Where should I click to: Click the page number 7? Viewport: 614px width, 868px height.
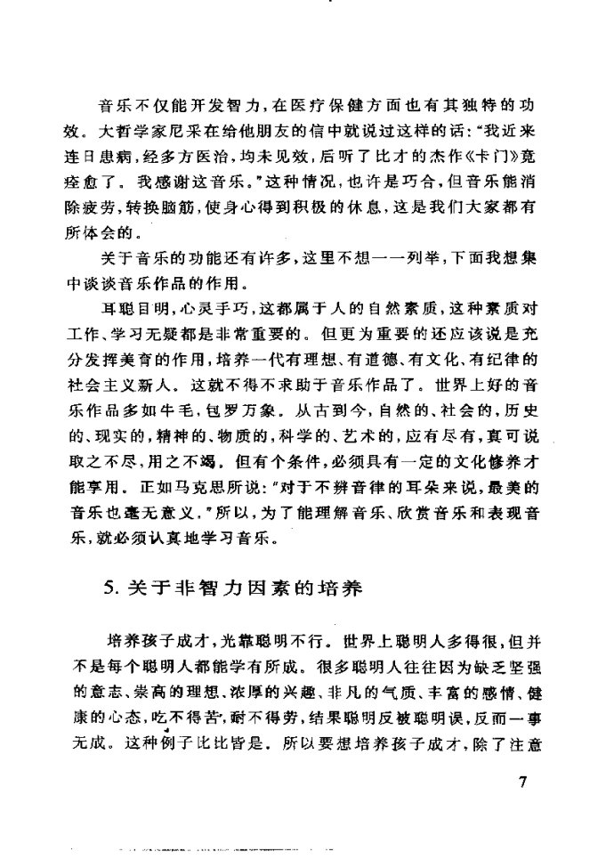pos(521,783)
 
